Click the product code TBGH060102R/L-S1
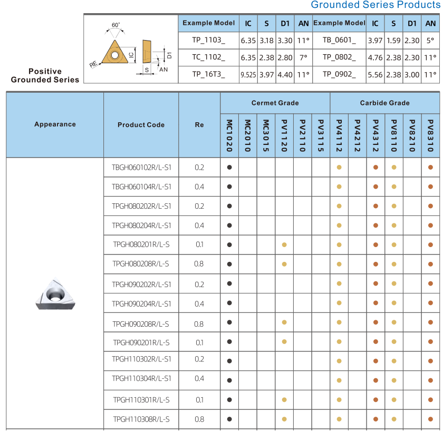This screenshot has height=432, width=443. (141, 167)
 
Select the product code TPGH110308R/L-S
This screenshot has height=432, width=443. (141, 419)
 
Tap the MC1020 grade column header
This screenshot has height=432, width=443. (229, 135)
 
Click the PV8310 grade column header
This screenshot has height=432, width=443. (430, 135)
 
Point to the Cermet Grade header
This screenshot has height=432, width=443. (275, 103)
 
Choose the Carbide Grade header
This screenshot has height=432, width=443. (384, 103)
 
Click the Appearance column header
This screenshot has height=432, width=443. (55, 124)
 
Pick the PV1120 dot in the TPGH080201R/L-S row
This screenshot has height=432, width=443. (284, 244)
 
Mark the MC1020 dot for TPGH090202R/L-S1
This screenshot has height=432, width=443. (229, 284)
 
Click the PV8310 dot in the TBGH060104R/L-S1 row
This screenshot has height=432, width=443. (430, 186)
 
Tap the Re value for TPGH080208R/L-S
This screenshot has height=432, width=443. (199, 263)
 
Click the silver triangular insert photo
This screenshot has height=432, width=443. (55, 293)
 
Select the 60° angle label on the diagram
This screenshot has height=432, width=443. (115, 25)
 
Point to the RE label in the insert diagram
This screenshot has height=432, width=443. (93, 64)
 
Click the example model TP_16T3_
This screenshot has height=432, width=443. (208, 75)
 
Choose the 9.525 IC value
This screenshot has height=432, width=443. (248, 75)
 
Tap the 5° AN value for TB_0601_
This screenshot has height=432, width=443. (430, 40)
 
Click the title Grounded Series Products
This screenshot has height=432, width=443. (374, 5)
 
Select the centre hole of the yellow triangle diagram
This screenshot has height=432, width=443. (114, 54)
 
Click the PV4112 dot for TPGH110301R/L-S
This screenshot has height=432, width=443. (339, 400)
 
